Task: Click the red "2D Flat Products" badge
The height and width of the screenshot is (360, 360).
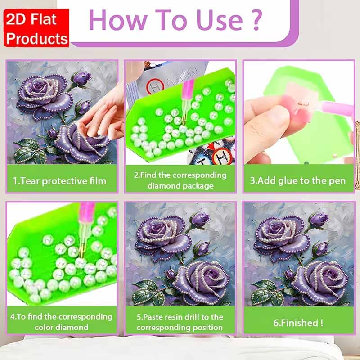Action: pyautogui.click(x=37, y=27)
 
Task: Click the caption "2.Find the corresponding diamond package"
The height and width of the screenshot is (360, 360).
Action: pyautogui.click(x=180, y=180)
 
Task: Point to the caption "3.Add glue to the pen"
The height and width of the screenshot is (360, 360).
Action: pyautogui.click(x=297, y=181)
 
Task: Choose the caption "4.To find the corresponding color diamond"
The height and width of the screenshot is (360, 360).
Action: pyautogui.click(x=62, y=321)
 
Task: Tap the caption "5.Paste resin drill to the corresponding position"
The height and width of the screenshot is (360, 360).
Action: pyautogui.click(x=180, y=321)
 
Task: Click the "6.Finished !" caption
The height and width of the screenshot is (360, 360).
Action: pyautogui.click(x=297, y=322)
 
